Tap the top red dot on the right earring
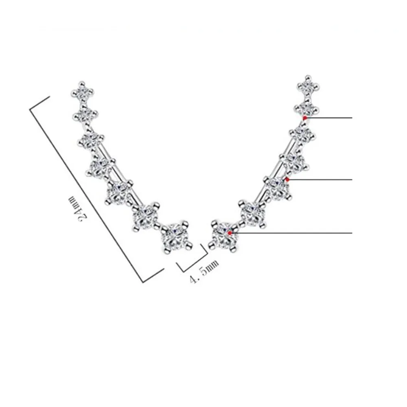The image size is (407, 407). [x=305, y=118]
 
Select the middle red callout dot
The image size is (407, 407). [x=287, y=179]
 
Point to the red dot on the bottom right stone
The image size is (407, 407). [x=230, y=233]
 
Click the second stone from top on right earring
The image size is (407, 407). [x=308, y=108]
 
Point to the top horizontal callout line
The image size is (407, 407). [x=329, y=118]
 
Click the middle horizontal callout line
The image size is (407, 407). [x=320, y=179]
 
